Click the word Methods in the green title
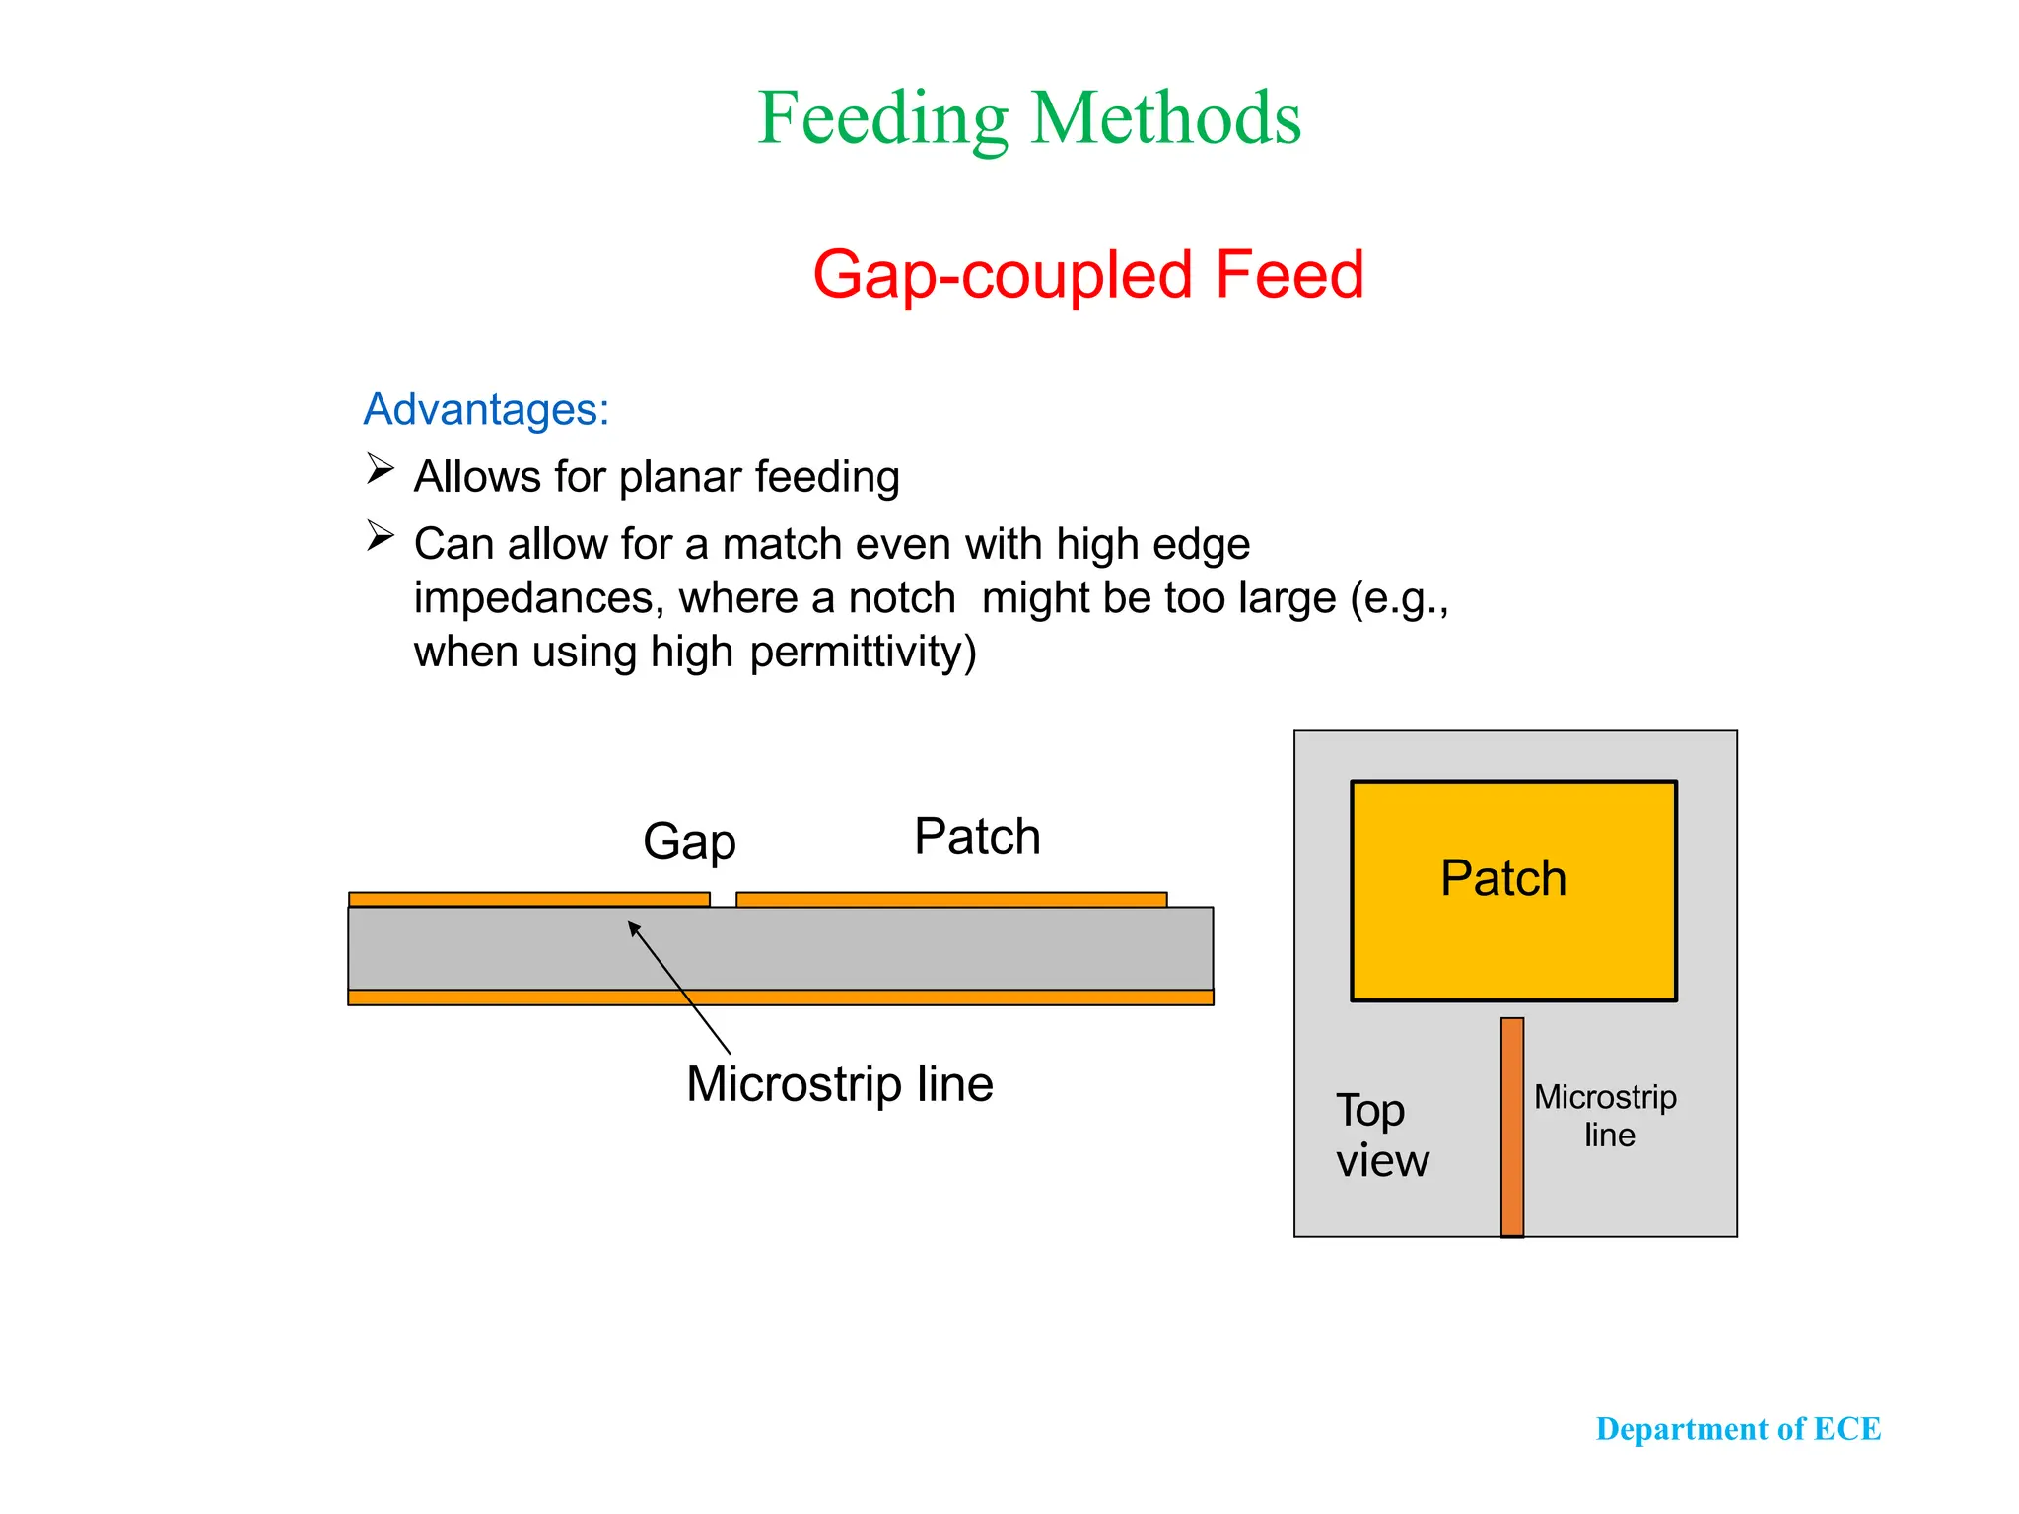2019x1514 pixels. tap(1165, 117)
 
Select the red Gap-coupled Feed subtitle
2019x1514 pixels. tap(1087, 274)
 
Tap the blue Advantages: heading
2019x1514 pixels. tap(486, 409)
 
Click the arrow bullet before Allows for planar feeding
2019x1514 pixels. tap(381, 468)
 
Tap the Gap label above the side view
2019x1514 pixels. tap(689, 842)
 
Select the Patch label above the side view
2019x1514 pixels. tap(977, 837)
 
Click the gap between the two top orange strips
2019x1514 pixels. tap(723, 899)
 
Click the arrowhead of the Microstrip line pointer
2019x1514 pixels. tap(634, 927)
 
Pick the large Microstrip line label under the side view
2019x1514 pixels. tap(840, 1084)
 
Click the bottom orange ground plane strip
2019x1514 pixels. tap(780, 998)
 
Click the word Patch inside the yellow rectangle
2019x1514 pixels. tap(1503, 878)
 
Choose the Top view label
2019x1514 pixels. tap(1382, 1135)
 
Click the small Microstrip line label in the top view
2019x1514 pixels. tap(1606, 1116)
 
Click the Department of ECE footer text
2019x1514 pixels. tap(1738, 1429)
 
